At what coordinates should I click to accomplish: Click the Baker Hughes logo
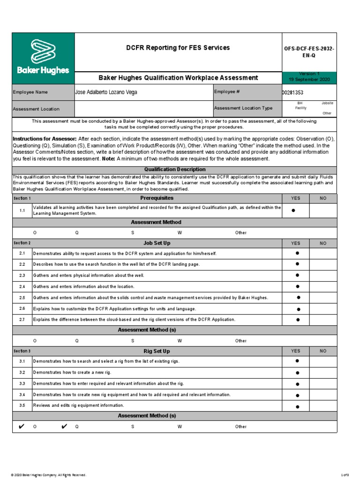point(43,58)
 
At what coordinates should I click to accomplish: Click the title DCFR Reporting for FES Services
point(178,48)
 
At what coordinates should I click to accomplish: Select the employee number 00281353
point(292,93)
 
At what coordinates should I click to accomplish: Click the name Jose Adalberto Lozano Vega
point(106,92)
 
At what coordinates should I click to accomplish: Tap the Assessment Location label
point(36,109)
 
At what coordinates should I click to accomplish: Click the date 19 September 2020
point(309,80)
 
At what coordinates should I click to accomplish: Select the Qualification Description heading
point(174,169)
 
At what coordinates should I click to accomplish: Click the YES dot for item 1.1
point(294,211)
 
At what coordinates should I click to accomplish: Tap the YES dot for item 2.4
point(297,286)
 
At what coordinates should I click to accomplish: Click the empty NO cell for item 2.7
point(323,319)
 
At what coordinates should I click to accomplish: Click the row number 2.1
point(22,254)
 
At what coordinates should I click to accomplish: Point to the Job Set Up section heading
point(157,243)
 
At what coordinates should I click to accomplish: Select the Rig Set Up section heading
point(157,351)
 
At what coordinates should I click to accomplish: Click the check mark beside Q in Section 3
point(64,427)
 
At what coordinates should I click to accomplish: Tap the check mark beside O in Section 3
point(22,427)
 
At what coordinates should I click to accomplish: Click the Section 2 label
point(22,243)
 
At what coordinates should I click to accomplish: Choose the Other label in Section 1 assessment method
point(241,233)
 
